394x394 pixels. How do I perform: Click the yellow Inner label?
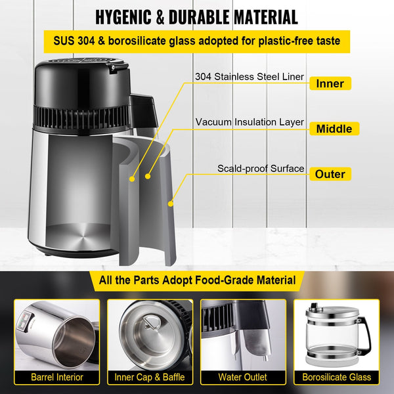(330, 83)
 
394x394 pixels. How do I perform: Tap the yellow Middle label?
(334, 129)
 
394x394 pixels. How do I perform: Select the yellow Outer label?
(330, 174)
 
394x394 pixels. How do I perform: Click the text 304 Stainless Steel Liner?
(249, 77)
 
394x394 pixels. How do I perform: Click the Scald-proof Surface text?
(261, 169)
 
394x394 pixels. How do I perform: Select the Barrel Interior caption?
(57, 377)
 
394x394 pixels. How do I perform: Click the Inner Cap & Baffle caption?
(150, 377)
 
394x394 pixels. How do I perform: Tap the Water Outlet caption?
(242, 377)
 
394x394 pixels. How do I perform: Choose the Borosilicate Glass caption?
(336, 377)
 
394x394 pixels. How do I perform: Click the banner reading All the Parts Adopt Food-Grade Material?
(196, 280)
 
